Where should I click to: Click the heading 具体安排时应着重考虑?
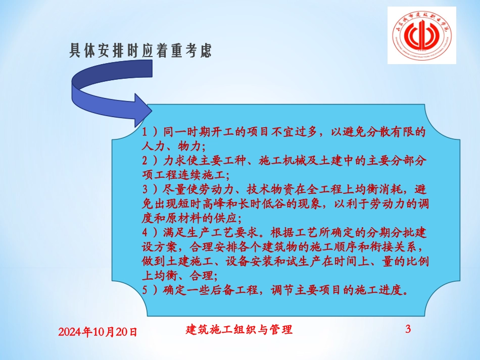point(140,51)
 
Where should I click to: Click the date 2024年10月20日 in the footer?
point(98,332)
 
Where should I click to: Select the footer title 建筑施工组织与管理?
point(239,330)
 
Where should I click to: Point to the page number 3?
point(408,330)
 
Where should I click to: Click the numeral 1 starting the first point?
point(146,133)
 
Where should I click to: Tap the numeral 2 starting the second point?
point(146,162)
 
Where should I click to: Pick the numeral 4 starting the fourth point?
point(146,234)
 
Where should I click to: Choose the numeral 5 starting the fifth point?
point(146,291)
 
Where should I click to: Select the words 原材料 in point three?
point(187,219)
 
